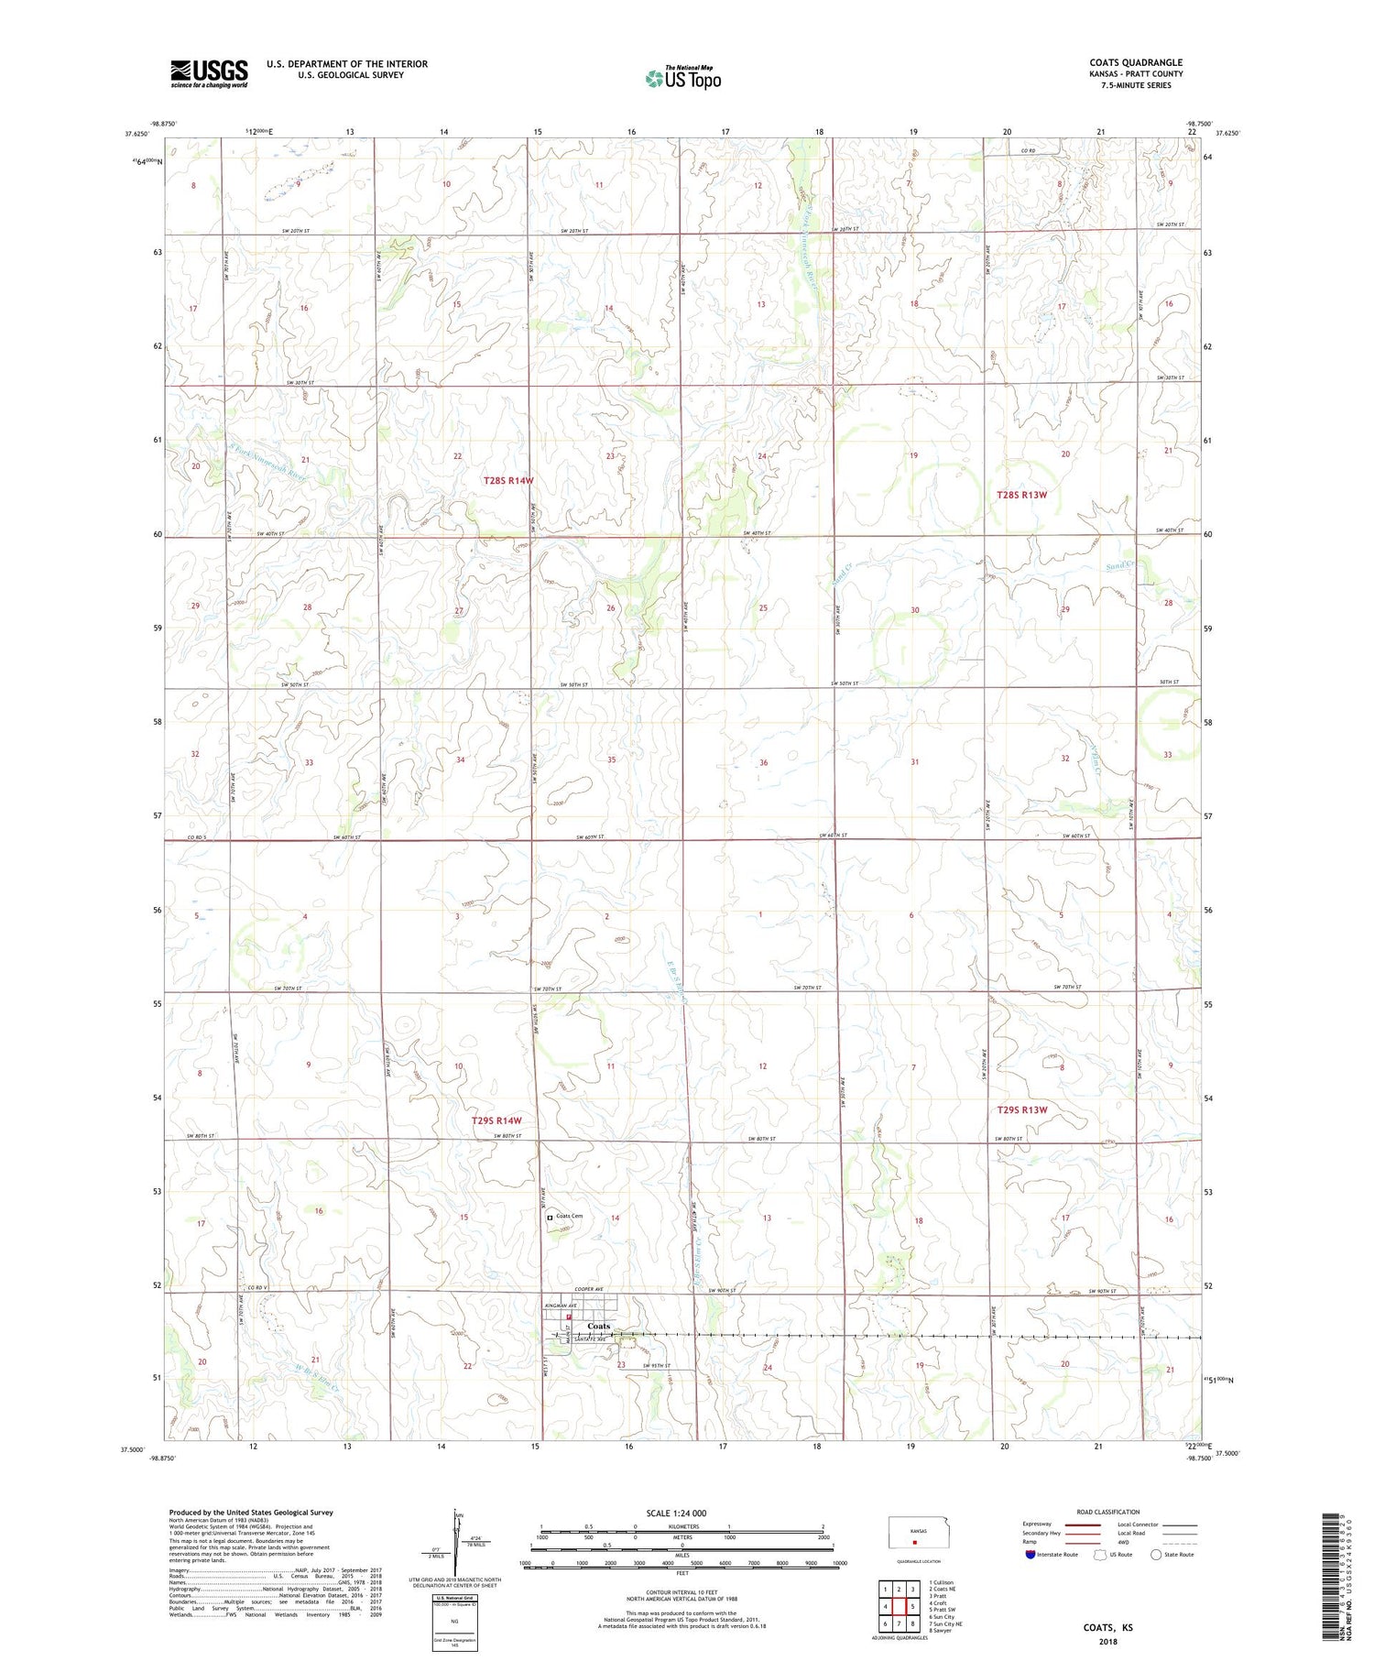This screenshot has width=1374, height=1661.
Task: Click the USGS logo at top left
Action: [209, 73]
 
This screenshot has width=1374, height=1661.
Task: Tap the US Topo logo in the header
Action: [682, 78]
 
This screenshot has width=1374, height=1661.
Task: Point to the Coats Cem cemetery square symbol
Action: [551, 1218]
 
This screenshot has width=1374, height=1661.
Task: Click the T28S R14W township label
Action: [508, 480]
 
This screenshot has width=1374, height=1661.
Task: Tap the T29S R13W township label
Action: [1021, 1109]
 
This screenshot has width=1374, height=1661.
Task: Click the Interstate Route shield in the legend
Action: [1030, 1554]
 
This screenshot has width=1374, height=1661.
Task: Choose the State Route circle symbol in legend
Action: [1156, 1554]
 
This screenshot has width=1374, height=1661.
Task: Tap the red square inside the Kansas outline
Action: [912, 1541]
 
